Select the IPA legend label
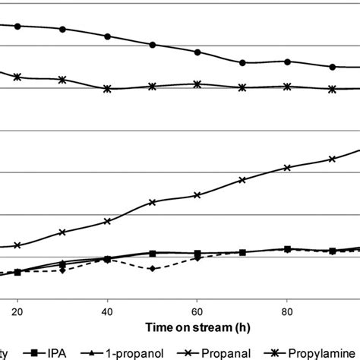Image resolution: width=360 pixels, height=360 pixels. click(58, 352)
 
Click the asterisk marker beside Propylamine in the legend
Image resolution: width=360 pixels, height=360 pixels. click(275, 352)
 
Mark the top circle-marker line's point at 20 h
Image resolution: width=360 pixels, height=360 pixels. click(17, 27)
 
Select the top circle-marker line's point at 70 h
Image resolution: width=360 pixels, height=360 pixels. click(242, 62)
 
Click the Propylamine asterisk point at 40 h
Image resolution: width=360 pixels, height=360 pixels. click(107, 89)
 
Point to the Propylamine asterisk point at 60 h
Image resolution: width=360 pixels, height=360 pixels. click(197, 84)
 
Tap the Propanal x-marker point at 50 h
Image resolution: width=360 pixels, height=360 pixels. click(153, 202)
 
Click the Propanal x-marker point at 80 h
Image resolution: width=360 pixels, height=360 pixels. click(287, 167)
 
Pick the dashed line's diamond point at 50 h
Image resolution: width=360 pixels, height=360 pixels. click(153, 269)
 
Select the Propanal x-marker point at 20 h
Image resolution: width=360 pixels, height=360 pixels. click(17, 245)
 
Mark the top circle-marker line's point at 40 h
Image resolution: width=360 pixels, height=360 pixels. click(107, 36)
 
